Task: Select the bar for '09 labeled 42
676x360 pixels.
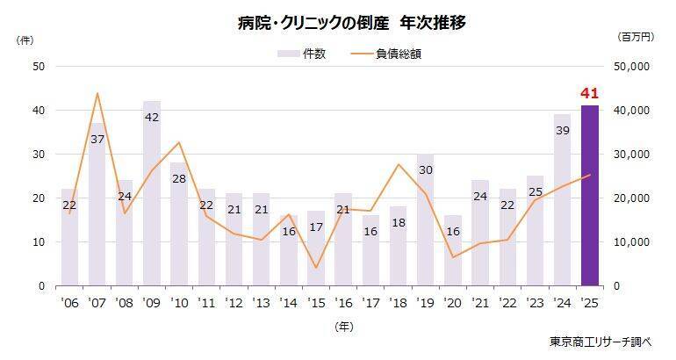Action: [152, 193]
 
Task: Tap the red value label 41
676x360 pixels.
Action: [589, 93]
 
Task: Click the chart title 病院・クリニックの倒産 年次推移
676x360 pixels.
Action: [337, 24]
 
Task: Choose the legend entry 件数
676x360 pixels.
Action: [303, 54]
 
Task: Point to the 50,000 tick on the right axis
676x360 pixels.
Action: [630, 66]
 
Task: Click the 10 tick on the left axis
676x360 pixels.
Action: [39, 241]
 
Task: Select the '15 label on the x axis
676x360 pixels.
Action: [315, 302]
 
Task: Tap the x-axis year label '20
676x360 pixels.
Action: [452, 302]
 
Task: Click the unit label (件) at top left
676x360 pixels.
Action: [25, 40]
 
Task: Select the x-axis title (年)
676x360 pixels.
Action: [344, 326]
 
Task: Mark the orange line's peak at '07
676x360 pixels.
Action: [97, 93]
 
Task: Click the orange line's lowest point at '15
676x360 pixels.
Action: [316, 268]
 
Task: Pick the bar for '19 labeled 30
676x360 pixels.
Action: [425, 220]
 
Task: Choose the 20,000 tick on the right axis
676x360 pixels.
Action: [630, 198]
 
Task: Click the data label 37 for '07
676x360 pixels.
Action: [97, 140]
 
